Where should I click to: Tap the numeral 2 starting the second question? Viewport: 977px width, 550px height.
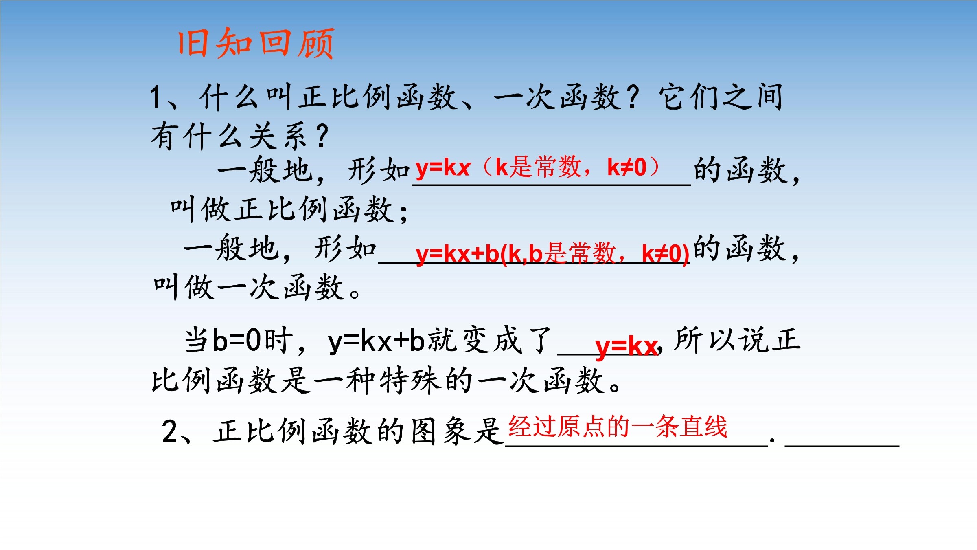click(x=170, y=431)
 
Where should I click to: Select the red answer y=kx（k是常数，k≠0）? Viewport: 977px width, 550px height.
click(x=537, y=167)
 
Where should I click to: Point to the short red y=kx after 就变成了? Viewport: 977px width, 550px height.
click(x=626, y=347)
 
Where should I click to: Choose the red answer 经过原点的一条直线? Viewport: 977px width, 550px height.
click(x=618, y=427)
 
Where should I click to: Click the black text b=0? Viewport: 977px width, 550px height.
click(x=237, y=340)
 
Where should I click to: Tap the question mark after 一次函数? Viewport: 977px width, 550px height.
click(x=633, y=97)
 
